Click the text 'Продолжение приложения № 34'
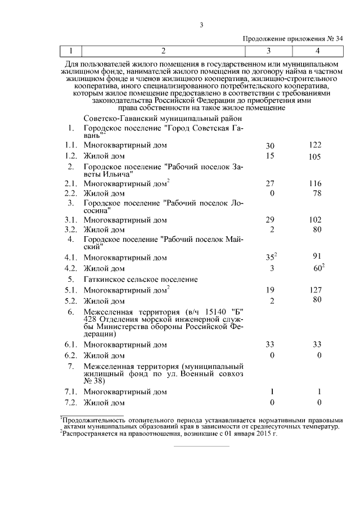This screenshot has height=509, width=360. tap(292, 39)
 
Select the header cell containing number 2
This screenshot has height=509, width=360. tap(163, 51)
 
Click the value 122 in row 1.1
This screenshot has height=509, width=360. tap(315, 145)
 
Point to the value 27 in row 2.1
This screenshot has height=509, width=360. tap(269, 184)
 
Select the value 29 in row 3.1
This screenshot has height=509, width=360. tap(269, 220)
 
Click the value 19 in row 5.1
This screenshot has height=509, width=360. tap(269, 290)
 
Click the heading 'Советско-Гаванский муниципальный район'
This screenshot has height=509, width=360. tap(163, 119)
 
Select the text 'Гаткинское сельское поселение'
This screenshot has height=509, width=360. tap(140, 279)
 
